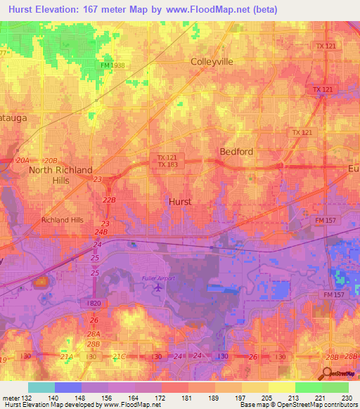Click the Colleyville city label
pyautogui.click(x=212, y=61)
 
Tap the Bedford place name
pyautogui.click(x=236, y=151)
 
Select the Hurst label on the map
pyautogui.click(x=181, y=201)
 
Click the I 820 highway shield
pyautogui.click(x=96, y=302)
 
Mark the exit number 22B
pyautogui.click(x=108, y=200)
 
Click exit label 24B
pyautogui.click(x=102, y=231)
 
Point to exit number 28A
pyautogui.click(x=94, y=334)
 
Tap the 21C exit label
pyautogui.click(x=118, y=358)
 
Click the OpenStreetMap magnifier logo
pyautogui.click(x=328, y=373)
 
